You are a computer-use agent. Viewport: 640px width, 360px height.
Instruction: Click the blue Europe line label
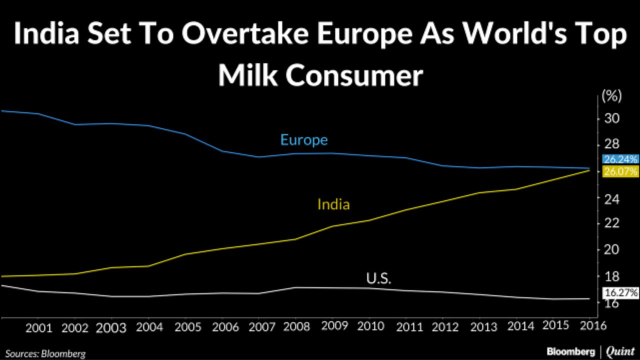[x=304, y=139]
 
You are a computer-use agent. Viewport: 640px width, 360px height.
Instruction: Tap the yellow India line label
[x=333, y=204]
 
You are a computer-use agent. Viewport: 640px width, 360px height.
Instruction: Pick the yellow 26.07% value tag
[x=620, y=172]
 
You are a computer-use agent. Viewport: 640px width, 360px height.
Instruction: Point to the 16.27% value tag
[x=620, y=293]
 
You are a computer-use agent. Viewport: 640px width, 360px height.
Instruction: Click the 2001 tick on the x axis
[x=38, y=328]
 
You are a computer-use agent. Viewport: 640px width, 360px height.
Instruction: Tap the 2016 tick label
[x=593, y=326]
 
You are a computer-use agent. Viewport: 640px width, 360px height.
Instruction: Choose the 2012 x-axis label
[x=446, y=327]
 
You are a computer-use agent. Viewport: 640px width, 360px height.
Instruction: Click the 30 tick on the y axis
[x=611, y=119]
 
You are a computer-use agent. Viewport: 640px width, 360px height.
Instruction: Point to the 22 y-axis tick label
[x=611, y=223]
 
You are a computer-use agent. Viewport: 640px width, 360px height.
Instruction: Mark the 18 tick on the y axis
[x=611, y=276]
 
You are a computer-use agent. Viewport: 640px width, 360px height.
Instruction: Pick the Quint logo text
[x=620, y=351]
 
